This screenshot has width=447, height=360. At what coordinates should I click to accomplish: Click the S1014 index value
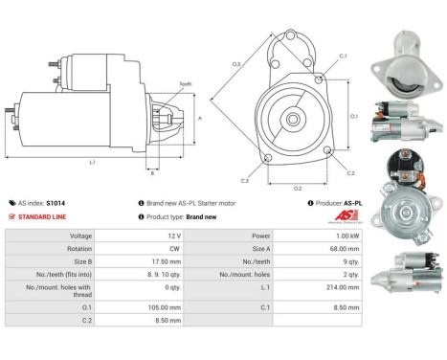[55, 203]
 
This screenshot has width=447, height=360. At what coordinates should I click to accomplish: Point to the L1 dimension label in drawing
[92, 163]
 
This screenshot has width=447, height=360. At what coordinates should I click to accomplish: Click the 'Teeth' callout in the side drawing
[186, 84]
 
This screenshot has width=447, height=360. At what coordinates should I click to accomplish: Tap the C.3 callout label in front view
[245, 180]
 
